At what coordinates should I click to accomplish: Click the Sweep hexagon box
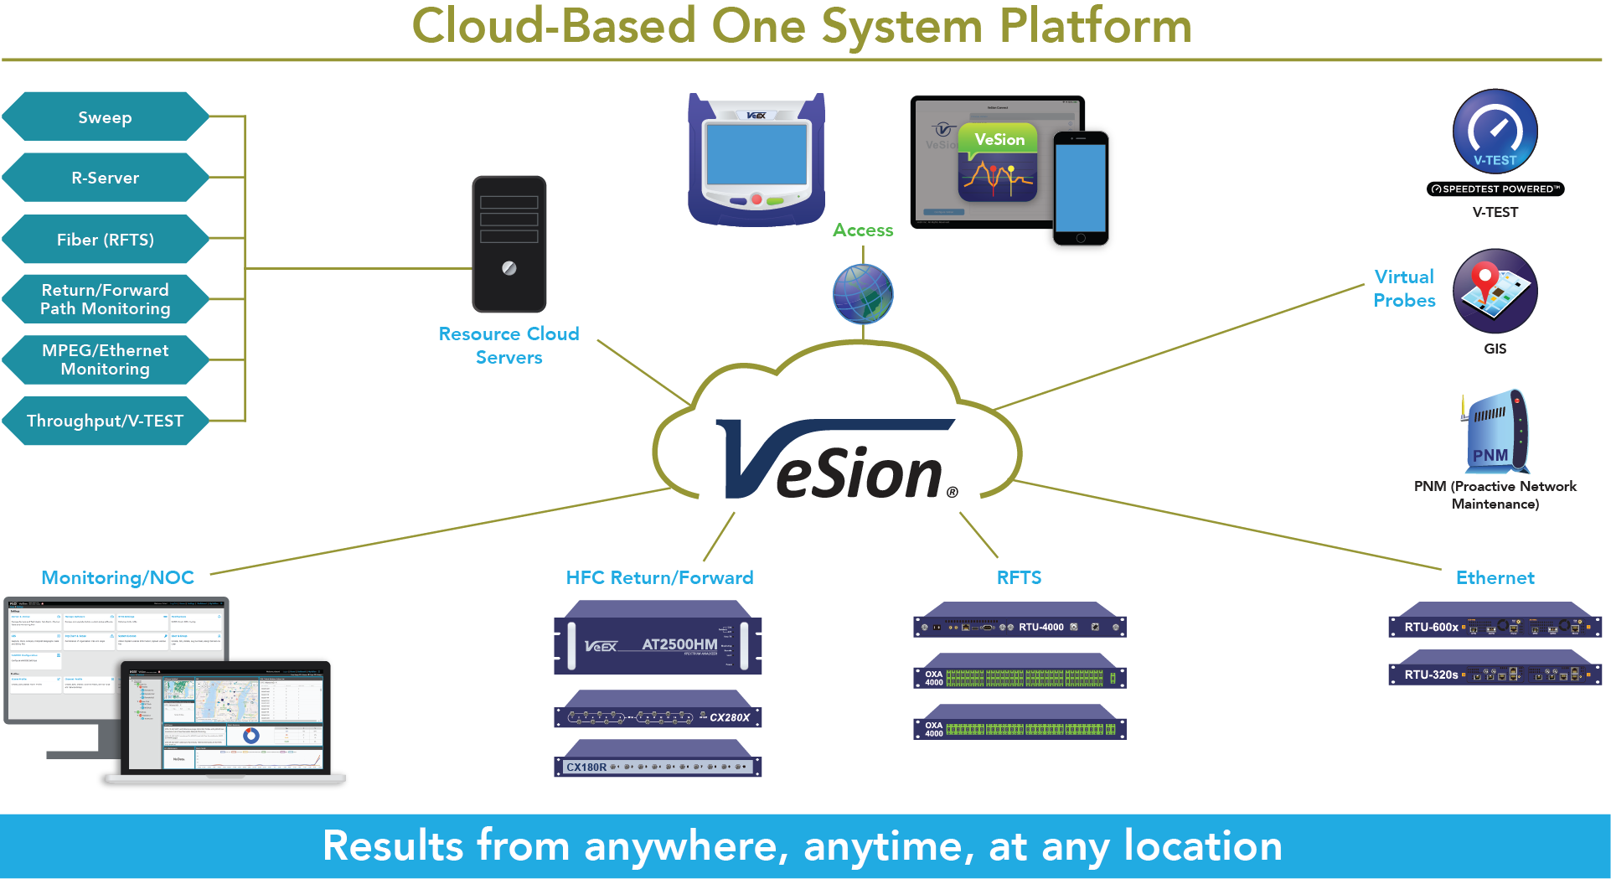coord(106,117)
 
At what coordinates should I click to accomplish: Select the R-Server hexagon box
coord(106,178)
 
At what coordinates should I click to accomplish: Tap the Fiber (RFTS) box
coord(106,240)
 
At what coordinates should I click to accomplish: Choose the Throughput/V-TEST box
coord(106,421)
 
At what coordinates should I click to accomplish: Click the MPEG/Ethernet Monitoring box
coord(106,359)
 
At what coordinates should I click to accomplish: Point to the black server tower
coord(509,244)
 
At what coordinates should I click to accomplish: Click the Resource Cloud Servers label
coord(509,345)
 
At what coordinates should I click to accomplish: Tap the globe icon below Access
coord(863,294)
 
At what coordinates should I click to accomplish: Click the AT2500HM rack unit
coord(658,643)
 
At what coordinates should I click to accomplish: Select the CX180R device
coord(658,764)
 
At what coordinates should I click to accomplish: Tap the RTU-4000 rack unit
coord(1020,625)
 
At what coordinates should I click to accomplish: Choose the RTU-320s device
coord(1495,673)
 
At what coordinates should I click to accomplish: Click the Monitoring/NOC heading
coord(118,577)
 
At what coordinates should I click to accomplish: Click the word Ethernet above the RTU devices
coord(1495,577)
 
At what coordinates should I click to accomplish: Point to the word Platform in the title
coord(1096,26)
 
